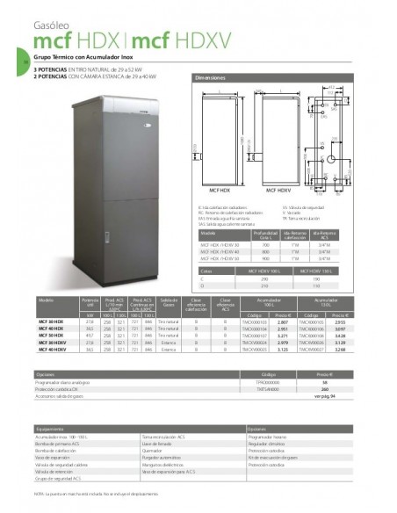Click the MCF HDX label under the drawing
coord(214,189)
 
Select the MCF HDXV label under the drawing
coord(278,189)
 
